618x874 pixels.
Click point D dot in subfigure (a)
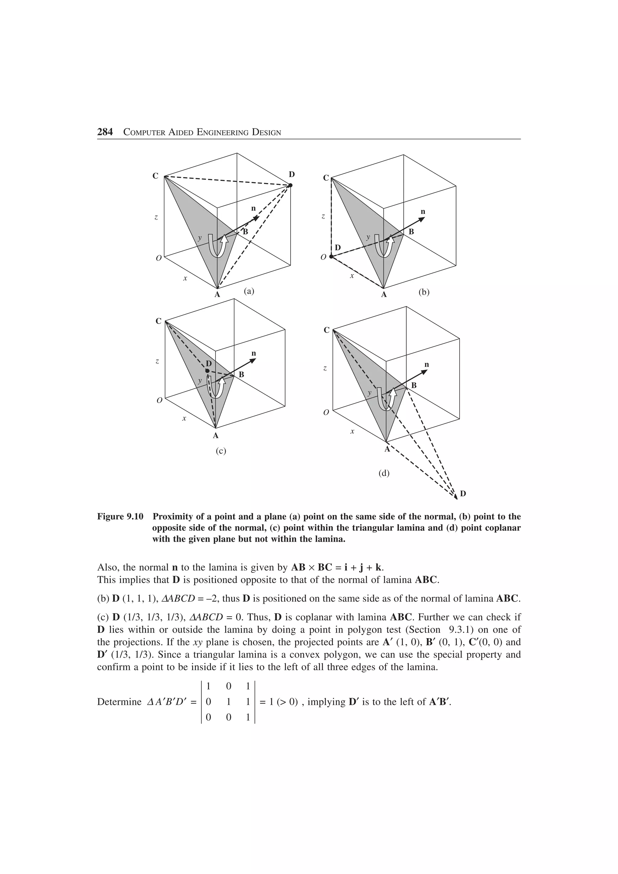tap(290, 185)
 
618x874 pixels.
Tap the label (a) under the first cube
tap(249, 291)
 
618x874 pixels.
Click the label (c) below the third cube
tap(221, 451)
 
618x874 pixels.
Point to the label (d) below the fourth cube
tap(384, 473)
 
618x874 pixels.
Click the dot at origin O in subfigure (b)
tap(331, 257)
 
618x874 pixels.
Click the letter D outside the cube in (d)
tap(463, 494)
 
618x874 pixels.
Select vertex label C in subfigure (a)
tap(155, 176)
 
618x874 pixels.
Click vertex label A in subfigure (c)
tap(215, 435)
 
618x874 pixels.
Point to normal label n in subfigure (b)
tap(423, 212)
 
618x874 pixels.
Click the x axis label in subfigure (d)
tap(352, 432)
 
